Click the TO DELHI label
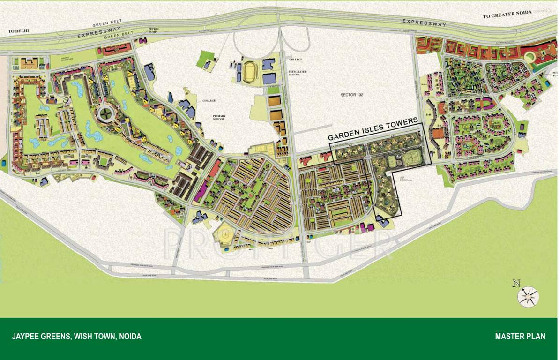click(x=19, y=31)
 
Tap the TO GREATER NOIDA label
click(x=507, y=15)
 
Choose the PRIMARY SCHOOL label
click(x=219, y=117)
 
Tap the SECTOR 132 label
click(x=351, y=95)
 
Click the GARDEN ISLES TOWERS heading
click(x=373, y=129)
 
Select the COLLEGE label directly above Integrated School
click(x=296, y=60)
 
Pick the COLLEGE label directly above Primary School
click(x=209, y=101)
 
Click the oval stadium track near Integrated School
click(x=248, y=72)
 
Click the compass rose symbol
click(x=528, y=297)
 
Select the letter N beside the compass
click(x=516, y=283)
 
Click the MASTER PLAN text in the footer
click(x=520, y=336)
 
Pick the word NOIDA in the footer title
click(x=130, y=336)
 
